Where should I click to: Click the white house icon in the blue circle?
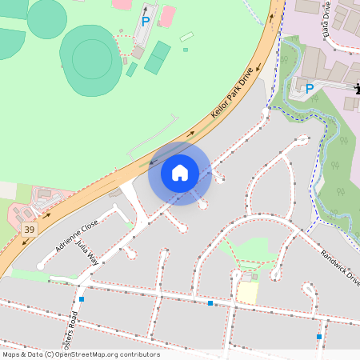click(180, 172)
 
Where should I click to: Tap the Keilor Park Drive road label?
click(232, 94)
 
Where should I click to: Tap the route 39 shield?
click(30, 230)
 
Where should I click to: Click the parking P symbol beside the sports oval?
click(145, 22)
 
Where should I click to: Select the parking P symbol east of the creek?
click(309, 88)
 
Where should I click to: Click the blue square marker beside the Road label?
click(82, 299)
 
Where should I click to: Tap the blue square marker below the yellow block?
click(210, 303)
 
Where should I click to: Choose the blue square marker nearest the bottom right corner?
click(318, 337)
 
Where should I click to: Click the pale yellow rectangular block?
click(248, 292)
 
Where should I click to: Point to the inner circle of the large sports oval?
click(92, 58)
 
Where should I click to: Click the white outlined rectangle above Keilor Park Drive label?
click(186, 37)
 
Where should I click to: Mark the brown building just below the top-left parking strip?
click(138, 52)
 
